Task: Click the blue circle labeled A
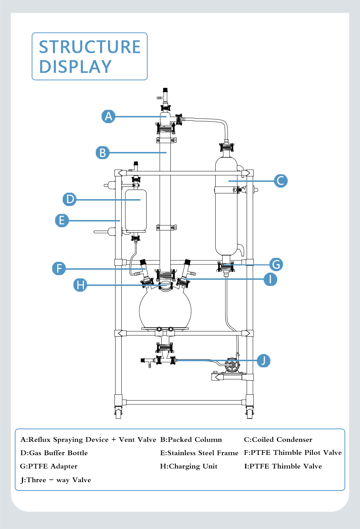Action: coord(108,116)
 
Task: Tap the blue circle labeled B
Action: coord(103,153)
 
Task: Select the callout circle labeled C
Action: coord(280,181)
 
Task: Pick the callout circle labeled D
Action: coord(69,199)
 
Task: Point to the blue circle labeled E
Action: coord(62,220)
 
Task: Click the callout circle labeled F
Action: coord(59,268)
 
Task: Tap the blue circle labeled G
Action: coord(276,264)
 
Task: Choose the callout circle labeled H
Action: coord(80,285)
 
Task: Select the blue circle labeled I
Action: coord(270,279)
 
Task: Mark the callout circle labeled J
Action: coord(264,360)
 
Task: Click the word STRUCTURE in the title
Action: coord(90,47)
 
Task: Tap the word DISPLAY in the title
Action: coord(75,67)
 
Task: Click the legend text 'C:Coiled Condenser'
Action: coord(278,440)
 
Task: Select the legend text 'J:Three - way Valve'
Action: coord(56,480)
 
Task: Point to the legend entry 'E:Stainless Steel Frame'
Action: coord(199,453)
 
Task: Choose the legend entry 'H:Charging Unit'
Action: coord(189,466)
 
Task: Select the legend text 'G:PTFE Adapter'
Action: coord(49,466)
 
